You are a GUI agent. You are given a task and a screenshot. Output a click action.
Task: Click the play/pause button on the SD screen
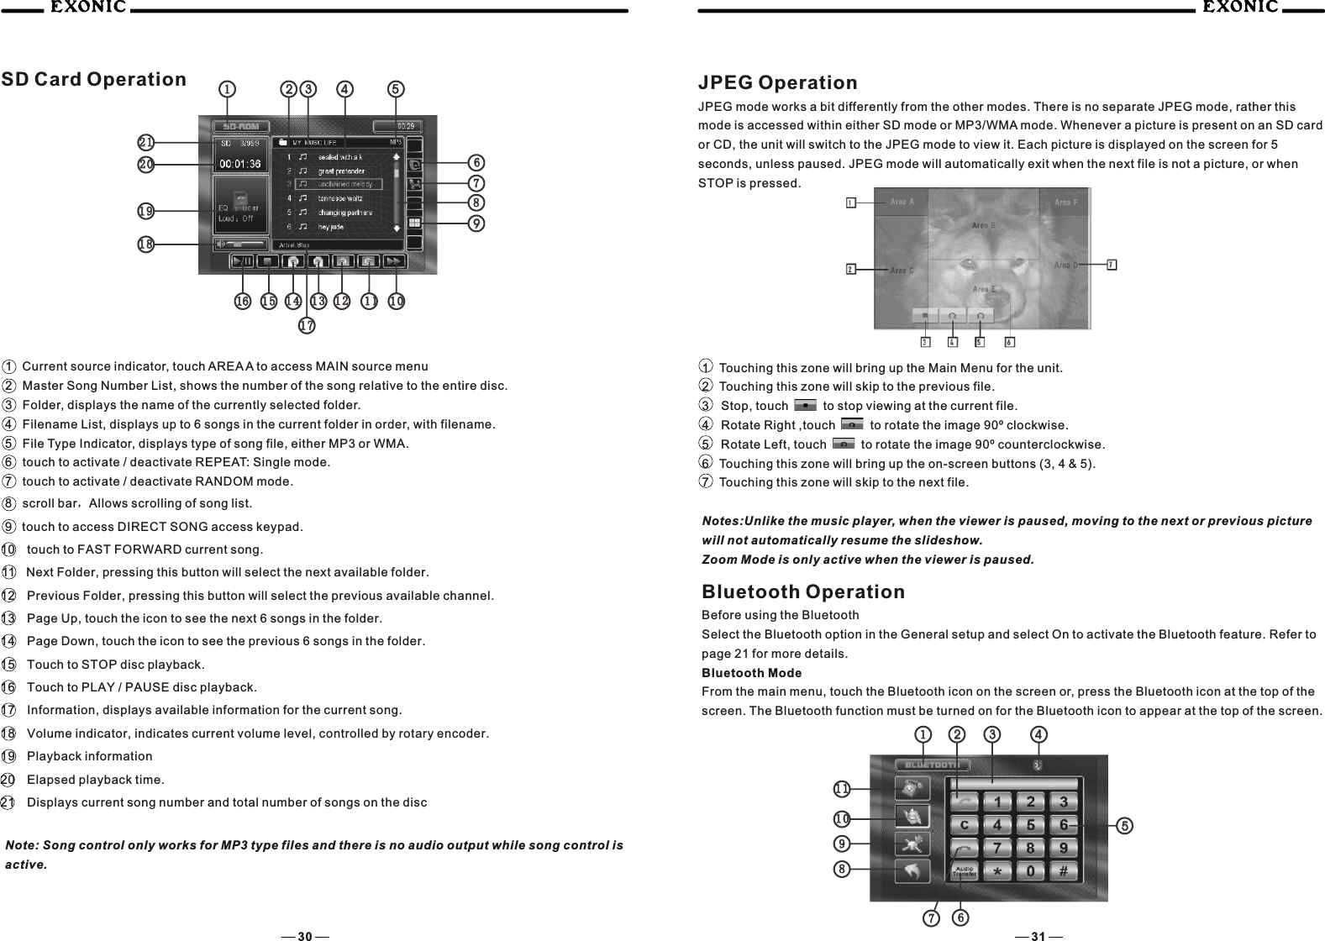pyautogui.click(x=243, y=261)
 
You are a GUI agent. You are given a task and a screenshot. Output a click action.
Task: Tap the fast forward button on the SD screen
pyautogui.click(x=394, y=261)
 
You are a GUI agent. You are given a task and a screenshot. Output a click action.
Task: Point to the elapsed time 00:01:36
pyautogui.click(x=239, y=165)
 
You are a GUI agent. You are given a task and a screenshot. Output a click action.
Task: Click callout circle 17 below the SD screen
pyautogui.click(x=307, y=325)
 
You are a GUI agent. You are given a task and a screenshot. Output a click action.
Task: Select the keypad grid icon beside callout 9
pyautogui.click(x=414, y=223)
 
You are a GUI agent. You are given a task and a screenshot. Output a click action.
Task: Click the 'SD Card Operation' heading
pyautogui.click(x=94, y=80)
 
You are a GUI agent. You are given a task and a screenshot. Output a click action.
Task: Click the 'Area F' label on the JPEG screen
pyautogui.click(x=1066, y=202)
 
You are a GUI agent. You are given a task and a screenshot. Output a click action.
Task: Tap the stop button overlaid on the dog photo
pyautogui.click(x=925, y=316)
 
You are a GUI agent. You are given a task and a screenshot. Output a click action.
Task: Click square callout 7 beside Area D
pyautogui.click(x=1112, y=265)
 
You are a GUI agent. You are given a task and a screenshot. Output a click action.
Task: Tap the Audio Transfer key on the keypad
pyautogui.click(x=964, y=872)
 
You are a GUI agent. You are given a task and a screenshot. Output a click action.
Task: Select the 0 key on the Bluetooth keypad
pyautogui.click(x=1030, y=872)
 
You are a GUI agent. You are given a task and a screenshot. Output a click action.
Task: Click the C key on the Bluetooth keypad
pyautogui.click(x=965, y=825)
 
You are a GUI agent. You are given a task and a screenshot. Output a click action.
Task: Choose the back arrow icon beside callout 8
pyautogui.click(x=912, y=871)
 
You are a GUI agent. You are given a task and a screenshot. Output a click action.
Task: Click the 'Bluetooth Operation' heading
pyautogui.click(x=803, y=592)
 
